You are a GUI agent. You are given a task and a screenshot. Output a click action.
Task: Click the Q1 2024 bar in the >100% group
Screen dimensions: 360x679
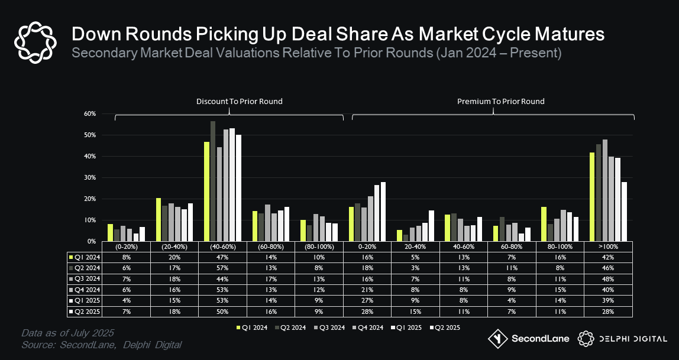click(591, 197)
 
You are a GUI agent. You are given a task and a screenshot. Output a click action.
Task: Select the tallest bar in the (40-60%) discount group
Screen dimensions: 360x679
click(213, 181)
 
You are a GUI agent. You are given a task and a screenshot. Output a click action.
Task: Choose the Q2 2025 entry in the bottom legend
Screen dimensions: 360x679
click(445, 327)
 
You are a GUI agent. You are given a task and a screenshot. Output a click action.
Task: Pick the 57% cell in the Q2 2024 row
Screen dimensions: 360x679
click(222, 267)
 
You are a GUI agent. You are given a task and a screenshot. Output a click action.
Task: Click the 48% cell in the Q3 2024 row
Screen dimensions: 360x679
click(609, 278)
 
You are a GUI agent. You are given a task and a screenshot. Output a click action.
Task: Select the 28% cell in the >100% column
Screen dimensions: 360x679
click(609, 311)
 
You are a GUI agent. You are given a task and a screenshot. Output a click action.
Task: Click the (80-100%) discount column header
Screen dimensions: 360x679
click(319, 246)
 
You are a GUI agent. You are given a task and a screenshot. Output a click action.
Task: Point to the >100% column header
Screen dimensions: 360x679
click(609, 246)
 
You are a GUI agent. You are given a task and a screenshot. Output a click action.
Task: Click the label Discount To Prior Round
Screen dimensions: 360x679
click(239, 102)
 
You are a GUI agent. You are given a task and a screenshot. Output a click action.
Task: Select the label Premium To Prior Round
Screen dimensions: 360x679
click(500, 102)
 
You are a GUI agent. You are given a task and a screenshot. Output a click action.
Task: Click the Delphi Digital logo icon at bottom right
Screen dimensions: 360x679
click(586, 339)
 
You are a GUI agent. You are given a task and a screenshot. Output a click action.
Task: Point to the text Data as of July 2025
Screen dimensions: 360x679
click(67, 332)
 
